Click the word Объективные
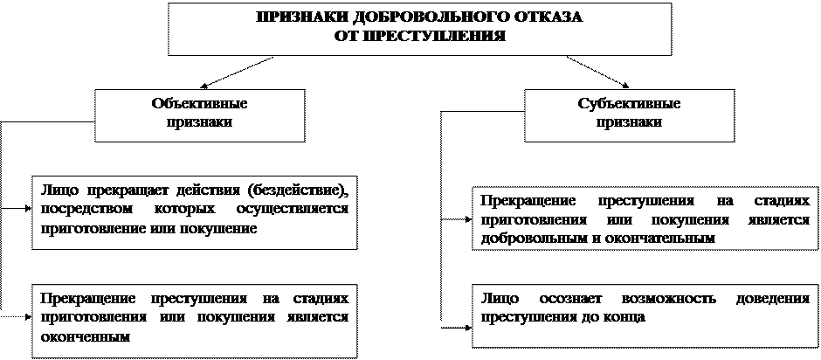click(199, 103)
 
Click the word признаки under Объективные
click(199, 122)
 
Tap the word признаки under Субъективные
click(630, 122)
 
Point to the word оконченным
click(85, 336)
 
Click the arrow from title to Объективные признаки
click(237, 73)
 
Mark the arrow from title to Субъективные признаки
click(597, 73)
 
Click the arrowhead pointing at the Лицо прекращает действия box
click(29, 209)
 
